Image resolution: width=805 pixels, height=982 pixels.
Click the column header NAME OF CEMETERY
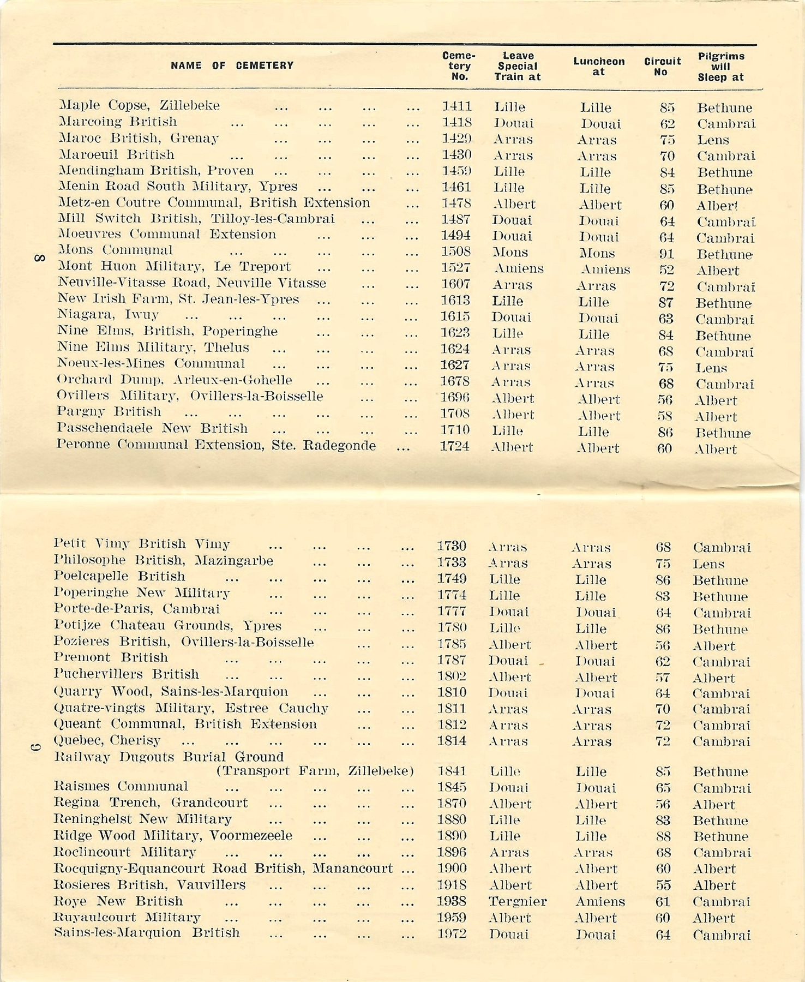[232, 65]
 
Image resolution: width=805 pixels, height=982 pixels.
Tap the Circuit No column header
[662, 66]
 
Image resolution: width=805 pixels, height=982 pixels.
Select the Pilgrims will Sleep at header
[720, 67]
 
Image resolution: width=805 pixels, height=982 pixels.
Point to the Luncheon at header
[598, 66]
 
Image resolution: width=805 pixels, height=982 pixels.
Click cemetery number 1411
[456, 106]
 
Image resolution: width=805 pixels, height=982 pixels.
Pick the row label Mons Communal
[116, 250]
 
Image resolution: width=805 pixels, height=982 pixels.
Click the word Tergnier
[517, 901]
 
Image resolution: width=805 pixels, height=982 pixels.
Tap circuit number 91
[666, 254]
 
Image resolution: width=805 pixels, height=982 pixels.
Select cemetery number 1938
[452, 901]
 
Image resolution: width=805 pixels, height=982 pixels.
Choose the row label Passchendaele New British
[152, 428]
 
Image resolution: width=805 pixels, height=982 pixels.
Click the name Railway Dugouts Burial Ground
[169, 757]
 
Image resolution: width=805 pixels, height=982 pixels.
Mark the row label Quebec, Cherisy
[107, 740]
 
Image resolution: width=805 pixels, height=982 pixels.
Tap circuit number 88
[663, 836]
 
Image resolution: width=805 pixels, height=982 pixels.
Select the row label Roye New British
[118, 901]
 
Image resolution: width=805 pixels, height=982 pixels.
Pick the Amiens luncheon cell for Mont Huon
[605, 269]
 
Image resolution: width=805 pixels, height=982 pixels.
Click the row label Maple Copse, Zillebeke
[139, 105]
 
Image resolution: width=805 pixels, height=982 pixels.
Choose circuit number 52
[666, 270]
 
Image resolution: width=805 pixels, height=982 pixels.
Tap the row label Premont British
[111, 657]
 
